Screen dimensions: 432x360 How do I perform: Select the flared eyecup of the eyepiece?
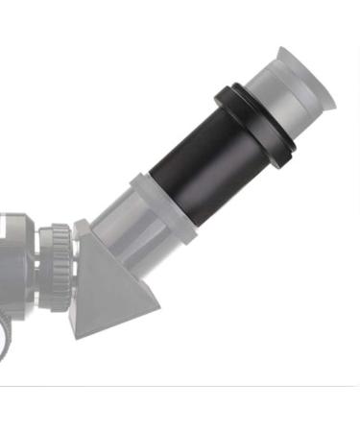(x=305, y=77)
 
